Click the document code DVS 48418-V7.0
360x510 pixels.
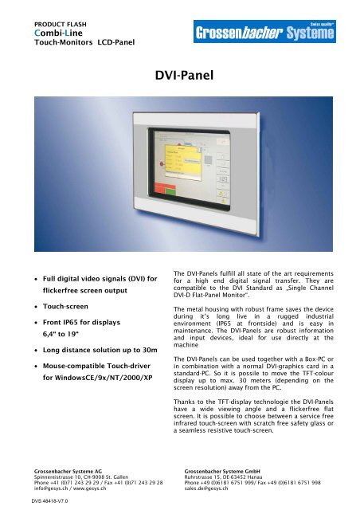click(45, 500)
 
